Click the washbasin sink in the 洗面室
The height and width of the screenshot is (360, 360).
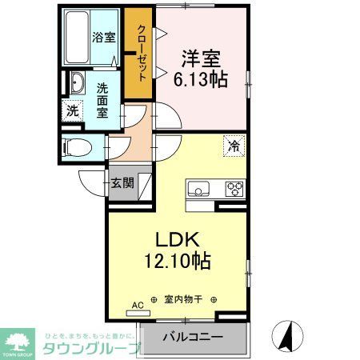point(77,84)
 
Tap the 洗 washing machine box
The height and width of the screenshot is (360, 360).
point(72,111)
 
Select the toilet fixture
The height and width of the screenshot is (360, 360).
point(78,147)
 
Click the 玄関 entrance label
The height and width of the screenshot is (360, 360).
point(122,182)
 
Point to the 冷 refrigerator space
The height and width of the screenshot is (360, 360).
point(234,146)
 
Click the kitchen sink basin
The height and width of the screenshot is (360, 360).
point(198,190)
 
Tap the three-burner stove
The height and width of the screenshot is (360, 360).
point(234,190)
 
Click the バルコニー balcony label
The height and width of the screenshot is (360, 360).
point(194,337)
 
